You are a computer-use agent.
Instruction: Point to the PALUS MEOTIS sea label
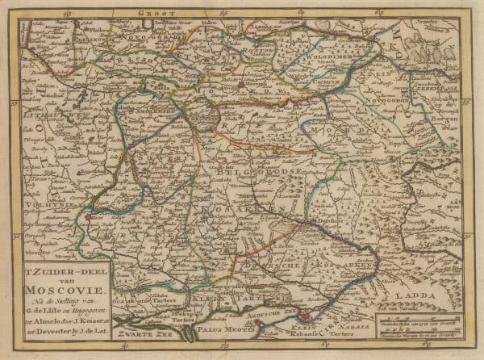coord(217,329)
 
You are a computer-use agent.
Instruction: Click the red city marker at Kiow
coord(87,216)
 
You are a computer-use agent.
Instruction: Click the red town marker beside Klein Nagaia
coord(303,317)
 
